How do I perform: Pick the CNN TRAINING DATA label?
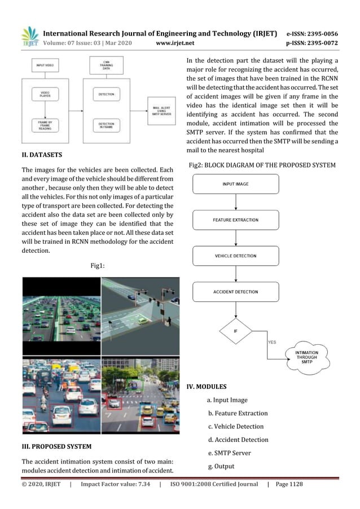(106, 65)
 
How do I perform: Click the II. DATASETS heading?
(42, 154)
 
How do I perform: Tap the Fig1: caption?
(99, 264)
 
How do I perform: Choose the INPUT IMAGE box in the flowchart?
(235, 184)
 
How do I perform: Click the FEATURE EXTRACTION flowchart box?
(235, 220)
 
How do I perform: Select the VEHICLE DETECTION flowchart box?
(235, 256)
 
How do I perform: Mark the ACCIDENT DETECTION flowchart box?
(235, 292)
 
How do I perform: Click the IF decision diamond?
(235, 331)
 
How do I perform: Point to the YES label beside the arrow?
(271, 342)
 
